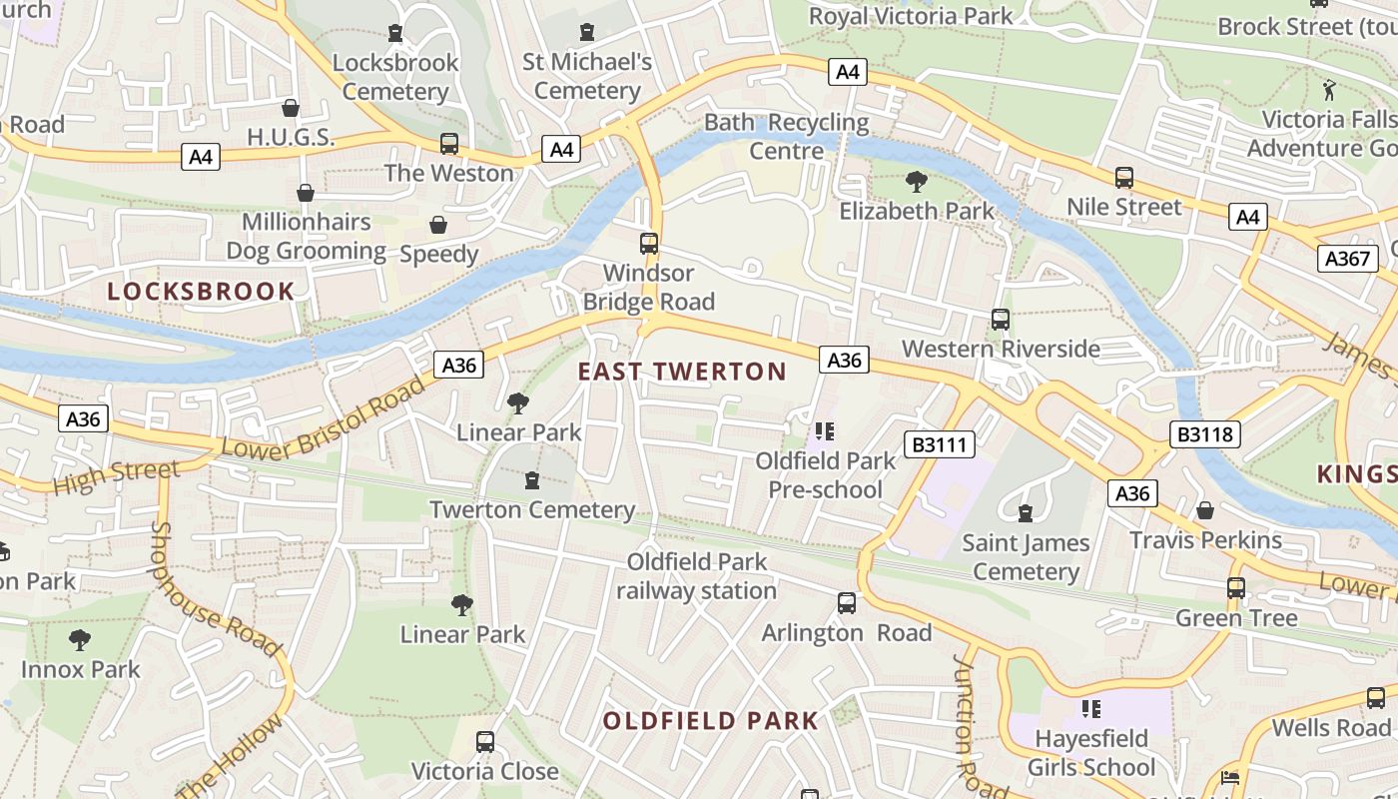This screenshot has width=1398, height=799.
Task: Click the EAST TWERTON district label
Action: (x=682, y=372)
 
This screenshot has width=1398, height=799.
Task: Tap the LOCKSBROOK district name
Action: (x=201, y=292)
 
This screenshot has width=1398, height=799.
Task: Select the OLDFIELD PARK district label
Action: (x=710, y=720)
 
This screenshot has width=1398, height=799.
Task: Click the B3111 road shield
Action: (x=940, y=444)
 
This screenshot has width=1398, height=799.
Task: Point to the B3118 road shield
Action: (x=1205, y=434)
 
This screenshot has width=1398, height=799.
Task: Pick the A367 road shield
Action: (x=1347, y=259)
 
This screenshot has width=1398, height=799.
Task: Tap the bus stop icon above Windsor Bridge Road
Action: (x=649, y=243)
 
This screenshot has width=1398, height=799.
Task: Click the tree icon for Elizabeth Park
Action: (x=916, y=182)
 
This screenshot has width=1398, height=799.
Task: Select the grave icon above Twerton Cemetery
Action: (x=531, y=480)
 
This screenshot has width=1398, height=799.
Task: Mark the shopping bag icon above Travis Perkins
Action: (x=1205, y=510)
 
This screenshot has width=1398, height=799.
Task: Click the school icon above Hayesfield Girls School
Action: (x=1090, y=709)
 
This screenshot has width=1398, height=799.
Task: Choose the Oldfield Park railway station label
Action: (x=696, y=576)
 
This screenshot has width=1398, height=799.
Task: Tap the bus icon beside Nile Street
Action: (x=1124, y=178)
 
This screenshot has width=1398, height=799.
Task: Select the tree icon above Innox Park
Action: (x=80, y=639)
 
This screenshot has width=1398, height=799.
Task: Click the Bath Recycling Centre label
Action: (x=787, y=137)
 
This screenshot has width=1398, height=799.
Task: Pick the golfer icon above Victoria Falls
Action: (x=1328, y=91)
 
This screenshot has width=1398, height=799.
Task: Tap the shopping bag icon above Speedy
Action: (x=438, y=225)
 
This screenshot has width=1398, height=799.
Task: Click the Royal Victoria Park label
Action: (x=910, y=16)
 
